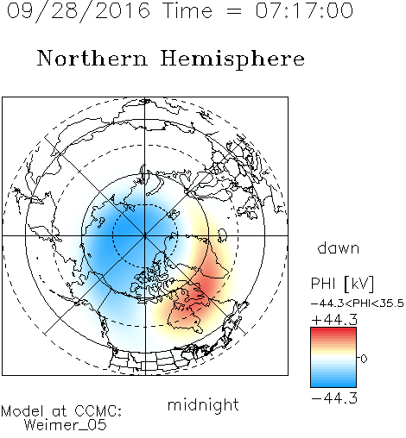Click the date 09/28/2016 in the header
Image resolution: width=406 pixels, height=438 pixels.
pos(79,11)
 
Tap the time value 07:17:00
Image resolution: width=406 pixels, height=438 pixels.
pos(304,10)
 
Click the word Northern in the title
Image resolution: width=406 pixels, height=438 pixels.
pos(92,59)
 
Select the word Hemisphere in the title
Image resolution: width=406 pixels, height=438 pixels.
pos(232,59)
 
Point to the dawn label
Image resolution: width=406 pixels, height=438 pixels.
pos(339,247)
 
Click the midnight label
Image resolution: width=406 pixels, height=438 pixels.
pos(203,405)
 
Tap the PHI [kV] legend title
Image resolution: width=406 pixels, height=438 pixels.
pos(342,284)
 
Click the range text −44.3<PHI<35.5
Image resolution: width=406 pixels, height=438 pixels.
pos(358,303)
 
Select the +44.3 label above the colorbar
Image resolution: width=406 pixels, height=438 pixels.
pos(334,320)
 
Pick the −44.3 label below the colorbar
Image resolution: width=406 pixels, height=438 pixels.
pos(334,398)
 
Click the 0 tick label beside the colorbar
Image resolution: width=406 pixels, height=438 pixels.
pos(364,359)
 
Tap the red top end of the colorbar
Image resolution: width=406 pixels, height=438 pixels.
pos(333,329)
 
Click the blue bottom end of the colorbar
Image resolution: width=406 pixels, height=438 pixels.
pos(333,385)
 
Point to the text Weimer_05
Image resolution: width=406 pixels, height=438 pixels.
pos(66,425)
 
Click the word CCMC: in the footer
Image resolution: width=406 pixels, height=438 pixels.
pos(98,411)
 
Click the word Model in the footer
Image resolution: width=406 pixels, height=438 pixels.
pos(22,411)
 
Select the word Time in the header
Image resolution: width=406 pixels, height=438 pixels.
pos(187,10)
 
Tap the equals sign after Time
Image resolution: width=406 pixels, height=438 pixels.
pos(234,11)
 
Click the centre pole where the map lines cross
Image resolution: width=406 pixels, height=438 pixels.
pos(145,235)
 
